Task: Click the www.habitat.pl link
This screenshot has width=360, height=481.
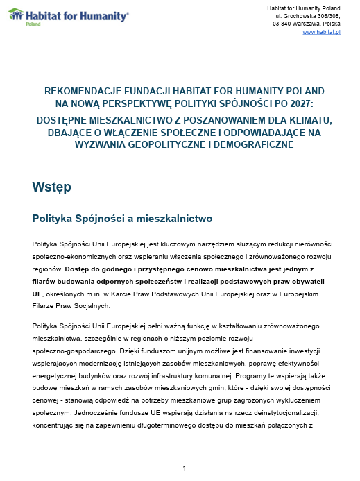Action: pyautogui.click(x=321, y=33)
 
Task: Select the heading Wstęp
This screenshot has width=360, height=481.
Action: pyautogui.click(x=51, y=187)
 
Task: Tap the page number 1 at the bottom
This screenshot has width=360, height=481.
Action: pyautogui.click(x=184, y=469)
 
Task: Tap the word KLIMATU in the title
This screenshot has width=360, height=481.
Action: pyautogui.click(x=293, y=119)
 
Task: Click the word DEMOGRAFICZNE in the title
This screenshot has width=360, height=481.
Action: pyautogui.click(x=237, y=144)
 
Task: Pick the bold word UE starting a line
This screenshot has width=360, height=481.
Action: pyautogui.click(x=37, y=294)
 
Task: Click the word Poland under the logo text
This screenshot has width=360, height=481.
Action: pyautogui.click(x=33, y=23)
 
